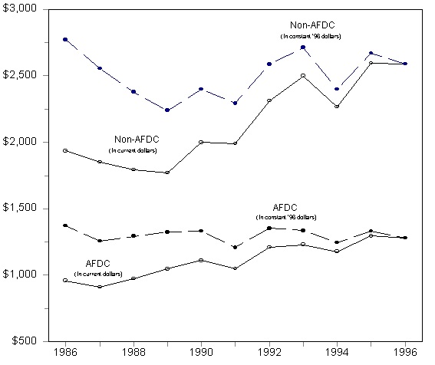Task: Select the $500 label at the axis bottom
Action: (x=25, y=341)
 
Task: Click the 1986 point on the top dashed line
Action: (x=65, y=39)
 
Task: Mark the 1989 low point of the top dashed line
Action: (x=167, y=110)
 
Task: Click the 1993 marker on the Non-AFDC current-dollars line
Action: (x=303, y=76)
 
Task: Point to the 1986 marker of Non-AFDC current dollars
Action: (x=65, y=150)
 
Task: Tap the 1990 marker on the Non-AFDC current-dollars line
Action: (x=201, y=142)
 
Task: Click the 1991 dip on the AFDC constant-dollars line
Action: (x=235, y=247)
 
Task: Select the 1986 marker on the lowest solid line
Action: (x=65, y=280)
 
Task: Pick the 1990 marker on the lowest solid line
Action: (x=201, y=260)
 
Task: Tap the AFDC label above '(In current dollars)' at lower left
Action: (x=98, y=264)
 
